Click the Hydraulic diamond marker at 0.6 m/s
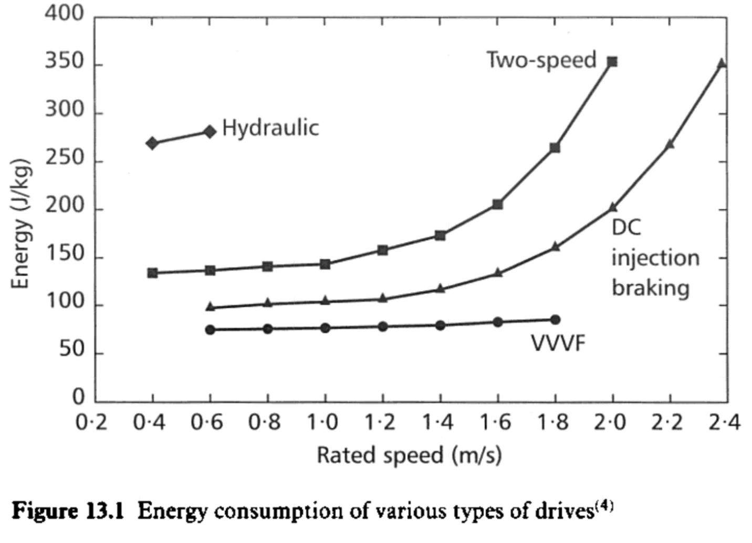210,132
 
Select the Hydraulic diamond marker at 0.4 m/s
152,143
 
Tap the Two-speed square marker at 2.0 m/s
612,62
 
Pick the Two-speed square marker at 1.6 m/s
497,204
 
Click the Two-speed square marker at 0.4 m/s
153,273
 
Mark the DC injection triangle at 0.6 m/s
210,307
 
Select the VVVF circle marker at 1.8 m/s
555,320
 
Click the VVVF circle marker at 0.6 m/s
210,329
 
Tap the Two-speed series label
541,60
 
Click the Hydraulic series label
270,128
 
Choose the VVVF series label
558,344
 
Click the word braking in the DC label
651,288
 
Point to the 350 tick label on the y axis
64,62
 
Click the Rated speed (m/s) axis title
409,455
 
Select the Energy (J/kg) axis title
22,222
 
